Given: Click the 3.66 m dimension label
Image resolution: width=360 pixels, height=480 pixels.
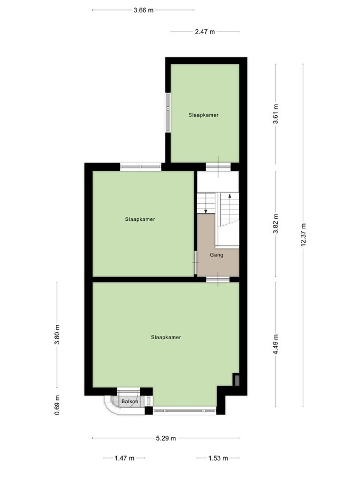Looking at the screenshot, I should click(x=143, y=10).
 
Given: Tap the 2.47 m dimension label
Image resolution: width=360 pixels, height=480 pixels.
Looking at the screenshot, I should click(x=205, y=32).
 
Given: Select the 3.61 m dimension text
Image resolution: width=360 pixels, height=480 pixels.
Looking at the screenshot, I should click(x=275, y=114).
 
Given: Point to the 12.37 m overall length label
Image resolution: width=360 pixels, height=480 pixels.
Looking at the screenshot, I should click(x=303, y=234).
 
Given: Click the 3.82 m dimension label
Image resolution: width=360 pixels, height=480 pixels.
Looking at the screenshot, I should click(x=275, y=224).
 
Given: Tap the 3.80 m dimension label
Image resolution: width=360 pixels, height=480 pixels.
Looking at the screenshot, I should click(x=58, y=334).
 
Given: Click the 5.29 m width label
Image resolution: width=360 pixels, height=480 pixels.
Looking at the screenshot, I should click(x=166, y=438).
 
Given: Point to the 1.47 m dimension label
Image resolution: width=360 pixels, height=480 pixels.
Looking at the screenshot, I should click(x=124, y=458).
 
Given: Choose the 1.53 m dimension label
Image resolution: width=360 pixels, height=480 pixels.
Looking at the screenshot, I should click(x=218, y=458).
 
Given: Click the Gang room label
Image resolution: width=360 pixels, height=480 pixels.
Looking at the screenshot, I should click(x=217, y=255).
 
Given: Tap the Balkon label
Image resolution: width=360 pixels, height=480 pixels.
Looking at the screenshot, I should click(x=130, y=401).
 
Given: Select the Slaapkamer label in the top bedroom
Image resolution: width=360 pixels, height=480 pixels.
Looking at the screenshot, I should click(x=203, y=115).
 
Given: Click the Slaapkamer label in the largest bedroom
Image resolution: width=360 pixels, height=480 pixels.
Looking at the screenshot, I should click(x=166, y=337).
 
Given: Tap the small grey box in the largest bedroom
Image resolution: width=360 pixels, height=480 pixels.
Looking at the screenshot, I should click(x=237, y=380).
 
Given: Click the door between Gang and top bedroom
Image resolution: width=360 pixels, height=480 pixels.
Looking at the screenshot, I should click(x=218, y=166).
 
